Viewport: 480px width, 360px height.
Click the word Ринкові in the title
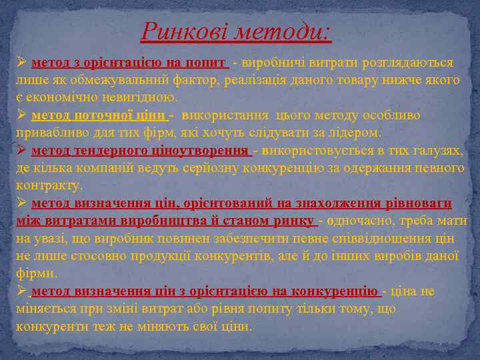tap(177, 30)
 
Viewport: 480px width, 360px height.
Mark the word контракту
tap(49, 185)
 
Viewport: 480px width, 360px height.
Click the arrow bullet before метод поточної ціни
tap(21, 115)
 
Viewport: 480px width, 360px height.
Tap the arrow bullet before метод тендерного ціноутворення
tap(21, 150)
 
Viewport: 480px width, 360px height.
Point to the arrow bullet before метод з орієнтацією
tap(21, 63)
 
